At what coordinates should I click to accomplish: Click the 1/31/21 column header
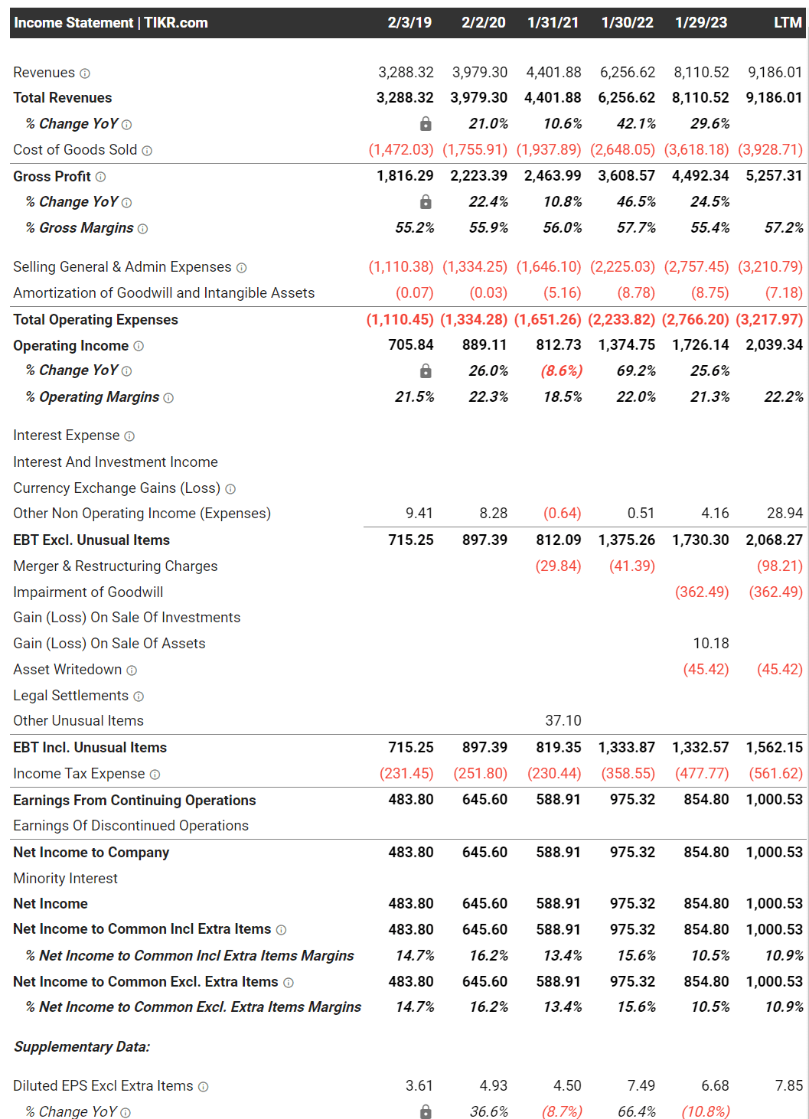(553, 22)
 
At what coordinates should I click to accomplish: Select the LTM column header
(787, 22)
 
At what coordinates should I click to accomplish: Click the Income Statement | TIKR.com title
(111, 22)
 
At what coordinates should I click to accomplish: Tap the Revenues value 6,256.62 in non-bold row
(627, 72)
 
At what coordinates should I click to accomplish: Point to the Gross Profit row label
(52, 176)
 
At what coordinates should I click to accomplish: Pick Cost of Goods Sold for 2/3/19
(401, 149)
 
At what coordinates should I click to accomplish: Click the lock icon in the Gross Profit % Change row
(426, 202)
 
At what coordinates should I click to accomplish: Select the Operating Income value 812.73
(558, 344)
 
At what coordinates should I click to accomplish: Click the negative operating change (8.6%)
(561, 370)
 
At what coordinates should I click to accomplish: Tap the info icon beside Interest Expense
(129, 436)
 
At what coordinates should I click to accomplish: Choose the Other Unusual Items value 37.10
(563, 720)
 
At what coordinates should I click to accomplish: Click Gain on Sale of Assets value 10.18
(710, 643)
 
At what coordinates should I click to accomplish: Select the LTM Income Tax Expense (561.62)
(776, 773)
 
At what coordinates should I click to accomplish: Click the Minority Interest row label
(65, 878)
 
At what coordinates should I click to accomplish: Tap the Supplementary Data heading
(82, 1046)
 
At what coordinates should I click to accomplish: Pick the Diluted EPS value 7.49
(641, 1085)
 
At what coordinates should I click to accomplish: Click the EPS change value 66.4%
(637, 1111)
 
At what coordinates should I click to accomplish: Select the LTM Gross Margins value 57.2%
(784, 227)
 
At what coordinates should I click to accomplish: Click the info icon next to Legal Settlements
(139, 696)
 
